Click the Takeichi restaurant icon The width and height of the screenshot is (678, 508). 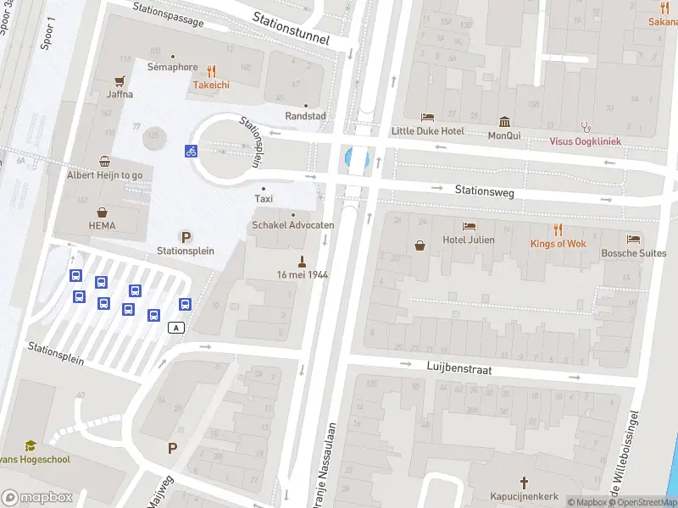click(212, 72)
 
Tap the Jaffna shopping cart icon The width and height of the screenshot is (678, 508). click(120, 81)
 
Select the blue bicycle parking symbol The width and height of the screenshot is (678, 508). click(192, 151)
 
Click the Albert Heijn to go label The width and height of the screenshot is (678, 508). click(105, 174)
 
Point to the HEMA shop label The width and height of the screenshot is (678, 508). click(102, 226)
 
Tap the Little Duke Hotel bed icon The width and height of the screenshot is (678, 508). click(427, 118)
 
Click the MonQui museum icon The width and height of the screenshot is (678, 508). click(505, 121)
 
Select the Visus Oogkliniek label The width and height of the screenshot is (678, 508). click(585, 141)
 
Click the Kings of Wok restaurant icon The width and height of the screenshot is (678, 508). click(558, 229)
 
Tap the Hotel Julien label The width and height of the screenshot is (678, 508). click(469, 240)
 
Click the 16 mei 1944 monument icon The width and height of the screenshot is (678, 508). click(301, 261)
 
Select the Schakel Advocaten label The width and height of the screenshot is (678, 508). click(293, 225)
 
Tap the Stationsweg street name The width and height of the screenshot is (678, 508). click(485, 192)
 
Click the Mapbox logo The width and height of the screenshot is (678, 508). click(36, 498)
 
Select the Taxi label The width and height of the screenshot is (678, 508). click(264, 198)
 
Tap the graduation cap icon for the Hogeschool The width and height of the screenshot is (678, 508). click(31, 445)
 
